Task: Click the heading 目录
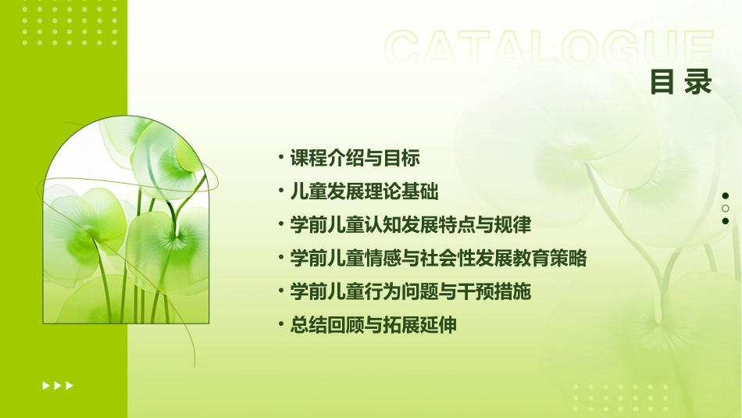click(x=680, y=82)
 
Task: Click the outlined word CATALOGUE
click(x=548, y=48)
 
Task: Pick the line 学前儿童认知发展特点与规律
click(x=410, y=225)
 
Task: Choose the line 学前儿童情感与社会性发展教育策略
click(x=438, y=258)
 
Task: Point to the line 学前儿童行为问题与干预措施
click(x=410, y=291)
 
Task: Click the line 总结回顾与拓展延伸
click(x=373, y=325)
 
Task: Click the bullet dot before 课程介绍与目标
click(x=280, y=158)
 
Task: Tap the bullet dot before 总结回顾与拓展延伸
click(x=280, y=325)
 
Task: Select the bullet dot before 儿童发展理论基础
click(x=280, y=191)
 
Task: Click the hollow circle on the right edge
click(x=726, y=208)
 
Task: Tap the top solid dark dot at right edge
click(x=726, y=195)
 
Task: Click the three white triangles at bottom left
click(x=58, y=385)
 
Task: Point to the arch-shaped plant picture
click(x=126, y=223)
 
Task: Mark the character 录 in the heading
click(x=697, y=82)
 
